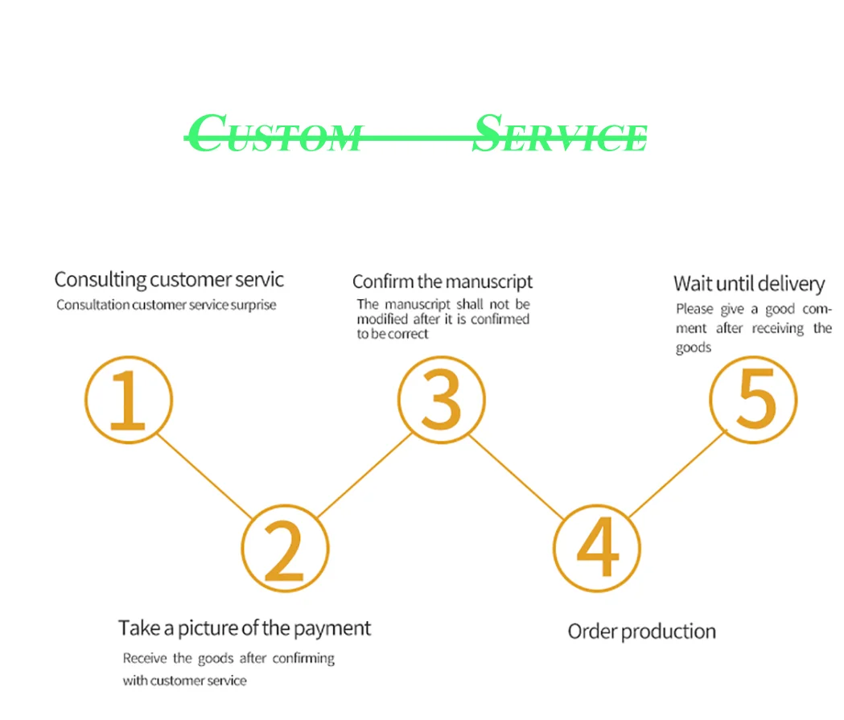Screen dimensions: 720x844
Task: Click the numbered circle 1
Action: [x=129, y=400]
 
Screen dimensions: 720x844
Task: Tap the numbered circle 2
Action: [x=286, y=549]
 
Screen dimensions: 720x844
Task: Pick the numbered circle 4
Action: [x=598, y=549]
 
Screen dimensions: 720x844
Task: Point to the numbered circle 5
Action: [x=753, y=400]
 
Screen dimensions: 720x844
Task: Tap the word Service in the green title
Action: [x=559, y=134]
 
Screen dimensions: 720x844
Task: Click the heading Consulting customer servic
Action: [x=169, y=280]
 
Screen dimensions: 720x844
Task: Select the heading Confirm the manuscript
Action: [x=443, y=282]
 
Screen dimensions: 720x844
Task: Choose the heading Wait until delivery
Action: [x=749, y=283]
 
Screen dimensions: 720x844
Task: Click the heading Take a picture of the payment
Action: [x=245, y=628]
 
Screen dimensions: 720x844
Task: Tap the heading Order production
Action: [x=641, y=632]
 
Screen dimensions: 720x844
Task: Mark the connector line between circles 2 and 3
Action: [x=365, y=475]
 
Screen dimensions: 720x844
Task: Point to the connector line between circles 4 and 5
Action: [x=677, y=474]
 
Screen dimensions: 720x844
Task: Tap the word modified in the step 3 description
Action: [x=384, y=319]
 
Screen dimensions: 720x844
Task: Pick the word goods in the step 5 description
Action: [x=693, y=348]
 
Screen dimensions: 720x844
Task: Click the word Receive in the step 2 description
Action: [x=146, y=658]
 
